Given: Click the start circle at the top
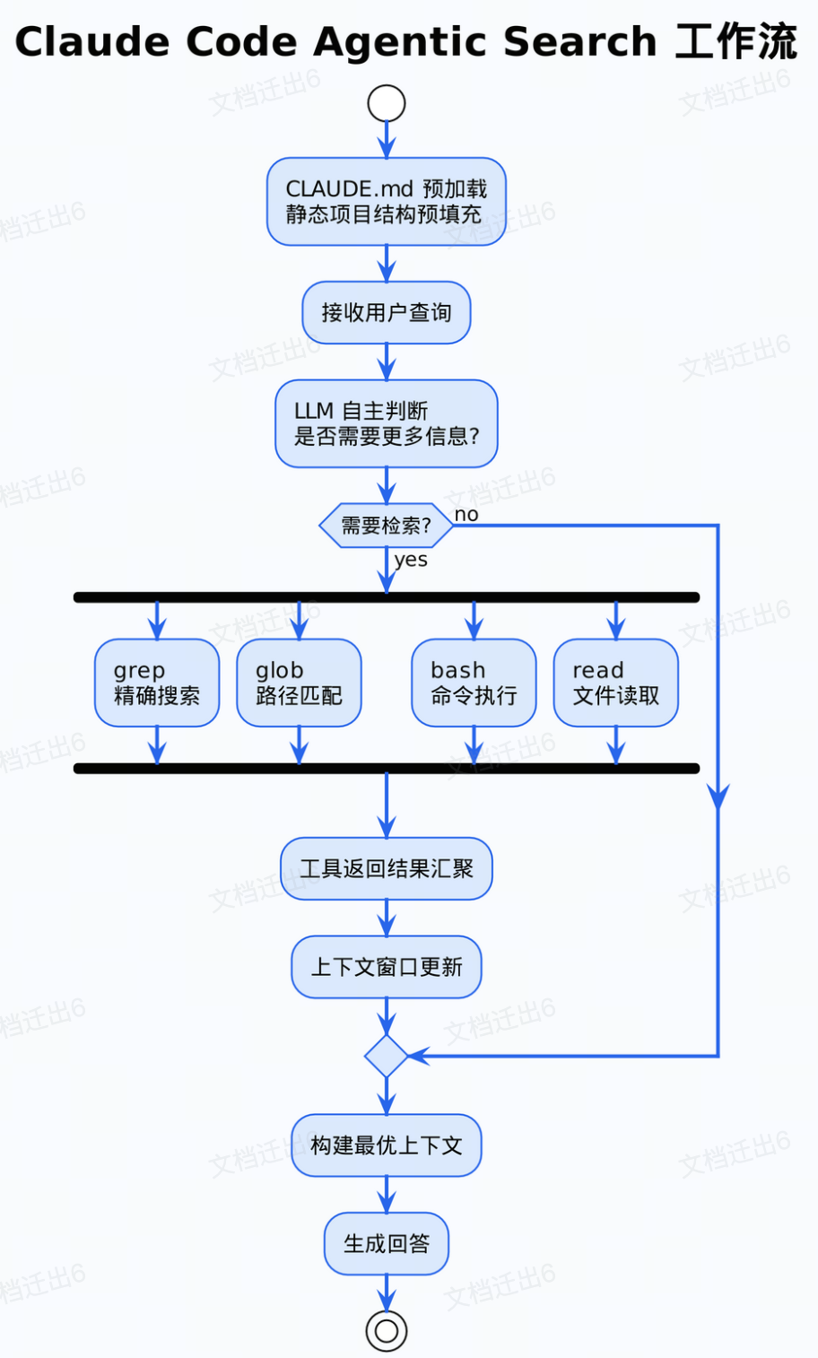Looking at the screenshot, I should (x=387, y=103).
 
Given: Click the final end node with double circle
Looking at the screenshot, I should (x=387, y=1331).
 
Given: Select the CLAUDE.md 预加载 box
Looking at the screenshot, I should (x=387, y=202).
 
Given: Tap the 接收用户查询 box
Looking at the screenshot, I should (x=387, y=313).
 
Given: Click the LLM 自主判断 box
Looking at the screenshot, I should (x=387, y=423).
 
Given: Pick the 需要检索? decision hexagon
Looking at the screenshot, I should (x=387, y=526).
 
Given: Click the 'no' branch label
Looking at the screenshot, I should (x=466, y=515).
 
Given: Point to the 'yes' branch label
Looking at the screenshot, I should (x=411, y=560).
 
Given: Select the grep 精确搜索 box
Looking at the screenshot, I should (x=157, y=683).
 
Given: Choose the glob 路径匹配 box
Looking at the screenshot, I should (x=299, y=683).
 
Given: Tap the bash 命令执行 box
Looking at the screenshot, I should (x=474, y=683).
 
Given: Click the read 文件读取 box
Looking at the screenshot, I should (x=616, y=683).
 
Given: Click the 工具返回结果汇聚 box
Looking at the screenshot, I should (x=387, y=868).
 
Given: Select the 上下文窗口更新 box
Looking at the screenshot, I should (x=387, y=967).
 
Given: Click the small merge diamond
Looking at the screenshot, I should (x=387, y=1056).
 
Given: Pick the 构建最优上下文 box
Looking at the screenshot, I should (x=387, y=1145).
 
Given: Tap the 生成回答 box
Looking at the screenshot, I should (x=387, y=1244).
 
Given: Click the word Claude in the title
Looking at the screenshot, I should (x=92, y=42).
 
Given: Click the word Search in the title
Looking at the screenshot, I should (x=579, y=42).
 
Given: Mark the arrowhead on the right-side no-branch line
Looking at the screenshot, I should (x=718, y=797).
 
